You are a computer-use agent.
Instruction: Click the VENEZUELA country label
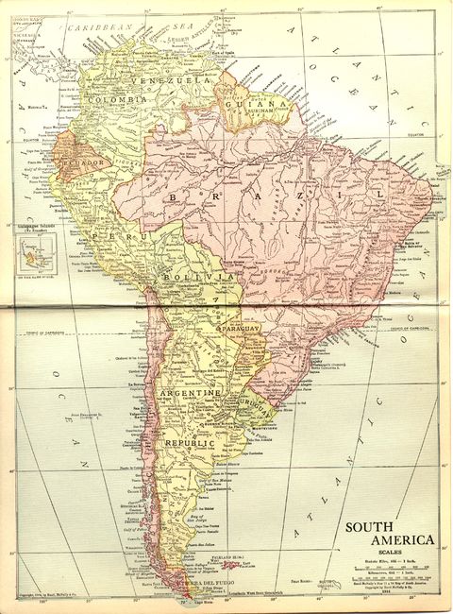tap(175, 81)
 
